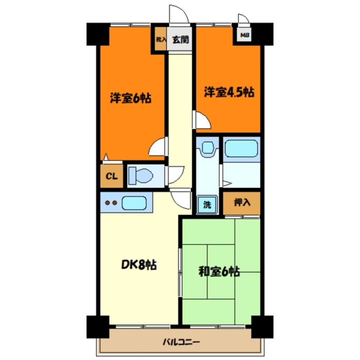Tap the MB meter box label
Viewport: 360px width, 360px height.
245,35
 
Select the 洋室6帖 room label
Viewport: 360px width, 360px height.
130,98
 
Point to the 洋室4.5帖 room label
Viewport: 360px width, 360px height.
229,93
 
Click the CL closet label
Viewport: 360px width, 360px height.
111,176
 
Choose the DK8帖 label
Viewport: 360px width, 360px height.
138,265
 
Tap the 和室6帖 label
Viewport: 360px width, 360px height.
219,271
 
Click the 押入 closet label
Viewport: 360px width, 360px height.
242,203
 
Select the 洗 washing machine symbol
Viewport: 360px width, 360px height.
208,205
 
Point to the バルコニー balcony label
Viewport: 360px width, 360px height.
181,342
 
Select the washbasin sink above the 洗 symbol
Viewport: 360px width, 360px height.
208,148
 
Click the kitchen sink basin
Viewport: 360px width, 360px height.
134,203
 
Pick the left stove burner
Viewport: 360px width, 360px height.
107,203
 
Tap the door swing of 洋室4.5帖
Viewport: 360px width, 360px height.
202,120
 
